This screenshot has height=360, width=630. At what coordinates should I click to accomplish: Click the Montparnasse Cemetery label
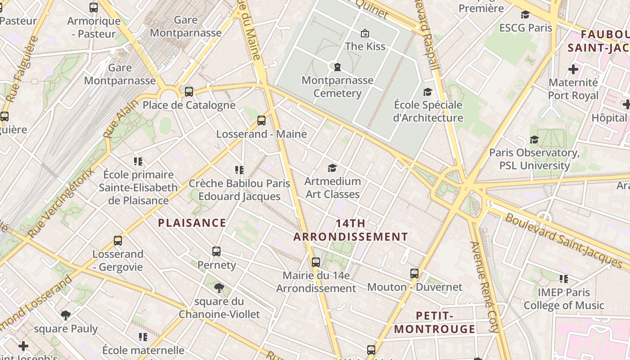[x=337, y=87]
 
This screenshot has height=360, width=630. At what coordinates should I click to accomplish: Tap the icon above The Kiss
[x=364, y=33]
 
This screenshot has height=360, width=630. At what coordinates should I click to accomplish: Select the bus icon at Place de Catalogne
[x=189, y=92]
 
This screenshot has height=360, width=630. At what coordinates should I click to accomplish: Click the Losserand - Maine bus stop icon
[x=261, y=121]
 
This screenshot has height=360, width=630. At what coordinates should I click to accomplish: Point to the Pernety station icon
[x=216, y=252]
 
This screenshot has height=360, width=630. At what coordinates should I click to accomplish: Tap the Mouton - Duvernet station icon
[x=414, y=274]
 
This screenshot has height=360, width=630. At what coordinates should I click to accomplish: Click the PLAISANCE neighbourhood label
[x=192, y=223]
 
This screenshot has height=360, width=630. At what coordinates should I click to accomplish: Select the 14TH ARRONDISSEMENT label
[x=351, y=230]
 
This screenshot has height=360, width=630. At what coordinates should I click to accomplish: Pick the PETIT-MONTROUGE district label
[x=435, y=322]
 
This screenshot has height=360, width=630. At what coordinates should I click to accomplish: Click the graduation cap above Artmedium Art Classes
[x=332, y=168]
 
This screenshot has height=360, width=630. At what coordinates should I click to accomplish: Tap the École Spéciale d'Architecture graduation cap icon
[x=427, y=92]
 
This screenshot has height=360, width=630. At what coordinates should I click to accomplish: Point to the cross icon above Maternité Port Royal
[x=573, y=69]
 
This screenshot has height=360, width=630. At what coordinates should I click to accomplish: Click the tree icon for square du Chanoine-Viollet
[x=219, y=288]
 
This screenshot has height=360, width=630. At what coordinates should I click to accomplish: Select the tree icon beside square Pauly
[x=66, y=315]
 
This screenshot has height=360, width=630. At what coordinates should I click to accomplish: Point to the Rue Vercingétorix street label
[x=61, y=202]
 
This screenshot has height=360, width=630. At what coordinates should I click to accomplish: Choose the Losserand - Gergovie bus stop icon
[x=118, y=241]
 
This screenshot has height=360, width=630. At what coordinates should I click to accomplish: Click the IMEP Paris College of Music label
[x=563, y=299]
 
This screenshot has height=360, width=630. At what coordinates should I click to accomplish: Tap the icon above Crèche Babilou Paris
[x=239, y=170]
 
